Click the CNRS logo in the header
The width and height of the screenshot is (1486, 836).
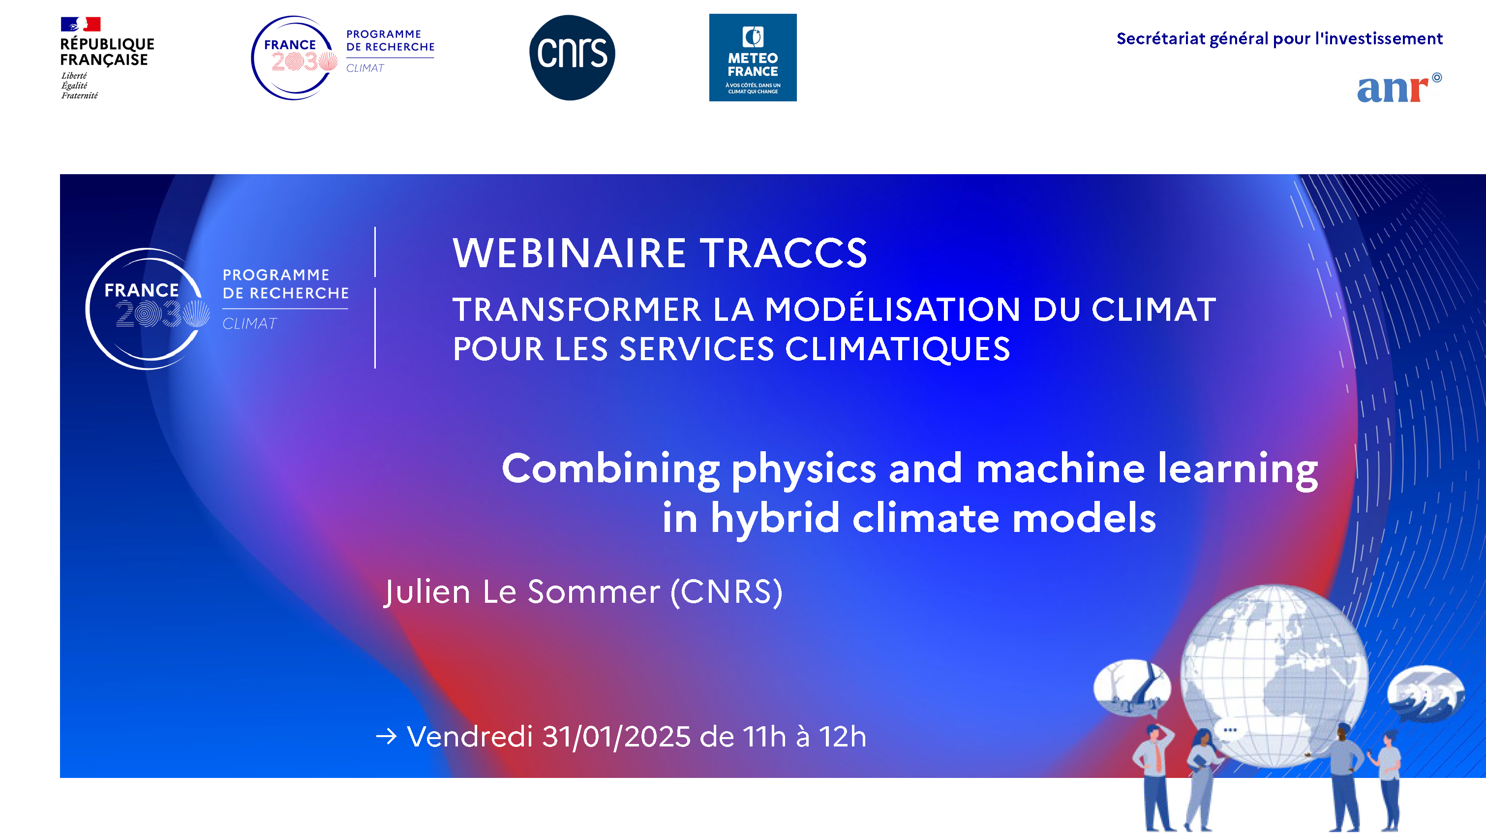(572, 57)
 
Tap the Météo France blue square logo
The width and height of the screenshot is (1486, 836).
(752, 58)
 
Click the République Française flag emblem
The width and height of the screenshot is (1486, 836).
(81, 24)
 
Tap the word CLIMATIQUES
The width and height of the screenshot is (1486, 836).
(897, 349)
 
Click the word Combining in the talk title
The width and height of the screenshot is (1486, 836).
(610, 468)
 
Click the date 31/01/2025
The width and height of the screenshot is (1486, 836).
(616, 737)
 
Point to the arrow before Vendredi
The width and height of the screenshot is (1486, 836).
(387, 736)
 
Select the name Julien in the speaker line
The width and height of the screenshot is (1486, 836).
(427, 592)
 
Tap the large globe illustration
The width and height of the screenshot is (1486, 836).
(1274, 675)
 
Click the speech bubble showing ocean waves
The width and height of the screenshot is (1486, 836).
(1425, 692)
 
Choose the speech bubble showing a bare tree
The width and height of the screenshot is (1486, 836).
(1131, 688)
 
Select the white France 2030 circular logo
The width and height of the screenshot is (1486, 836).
(147, 309)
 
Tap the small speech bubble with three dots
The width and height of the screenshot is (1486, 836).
(1229, 730)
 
